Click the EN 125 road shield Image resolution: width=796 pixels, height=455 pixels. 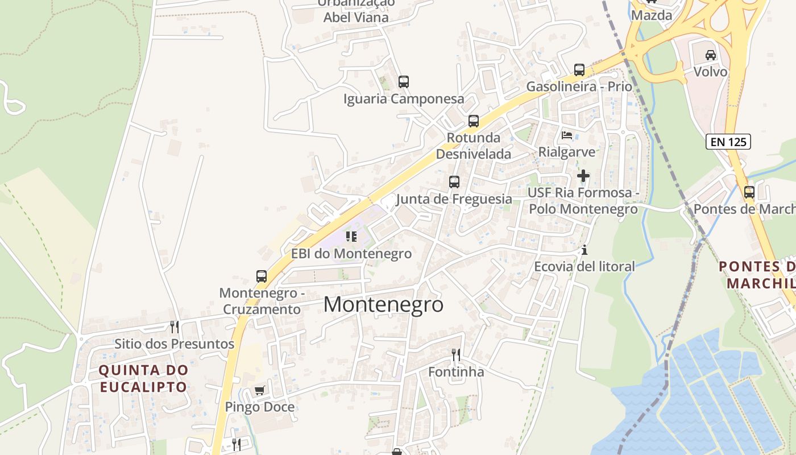click(728, 142)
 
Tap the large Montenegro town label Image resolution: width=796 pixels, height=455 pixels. click(383, 304)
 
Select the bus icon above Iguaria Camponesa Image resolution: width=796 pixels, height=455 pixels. click(404, 82)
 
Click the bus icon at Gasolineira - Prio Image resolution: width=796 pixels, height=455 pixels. click(579, 70)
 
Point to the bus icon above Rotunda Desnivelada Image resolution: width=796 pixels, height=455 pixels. click(474, 121)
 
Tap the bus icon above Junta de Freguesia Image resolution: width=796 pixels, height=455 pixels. click(454, 182)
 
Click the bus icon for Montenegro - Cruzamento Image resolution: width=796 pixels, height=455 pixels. click(262, 276)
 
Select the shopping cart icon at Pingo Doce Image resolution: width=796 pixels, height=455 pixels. click(260, 390)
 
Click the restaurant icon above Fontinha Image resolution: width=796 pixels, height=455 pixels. click(456, 355)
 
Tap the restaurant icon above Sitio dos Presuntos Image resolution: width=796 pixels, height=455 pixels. click(175, 326)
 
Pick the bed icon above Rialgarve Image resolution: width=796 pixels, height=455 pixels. click(567, 135)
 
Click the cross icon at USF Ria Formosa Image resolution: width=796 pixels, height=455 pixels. click(583, 176)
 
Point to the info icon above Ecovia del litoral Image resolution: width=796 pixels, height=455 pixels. click(584, 250)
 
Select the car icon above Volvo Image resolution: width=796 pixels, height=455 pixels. click(710, 55)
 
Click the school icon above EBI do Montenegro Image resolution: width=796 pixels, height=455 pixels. click(351, 236)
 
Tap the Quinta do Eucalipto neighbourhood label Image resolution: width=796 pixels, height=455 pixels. click(143, 378)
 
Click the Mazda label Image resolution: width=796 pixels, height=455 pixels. click(652, 15)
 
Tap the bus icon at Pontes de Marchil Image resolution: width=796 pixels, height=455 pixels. click(749, 192)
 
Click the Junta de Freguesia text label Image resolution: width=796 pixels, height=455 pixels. click(454, 199)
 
